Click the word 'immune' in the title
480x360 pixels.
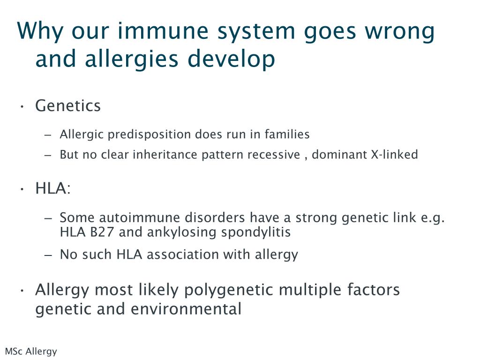click(163, 31)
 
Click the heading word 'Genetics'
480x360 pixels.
click(68, 106)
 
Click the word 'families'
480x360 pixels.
click(287, 134)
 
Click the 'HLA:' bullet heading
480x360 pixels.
click(53, 188)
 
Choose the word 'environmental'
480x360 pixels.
click(186, 308)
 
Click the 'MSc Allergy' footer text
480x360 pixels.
click(31, 352)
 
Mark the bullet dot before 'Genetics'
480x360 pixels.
click(22, 107)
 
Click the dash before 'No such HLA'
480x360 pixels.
click(48, 255)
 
